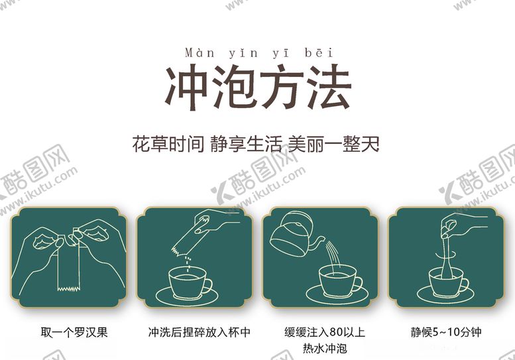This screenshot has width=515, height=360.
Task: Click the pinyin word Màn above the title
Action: (x=200, y=53)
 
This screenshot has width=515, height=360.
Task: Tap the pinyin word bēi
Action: (x=319, y=52)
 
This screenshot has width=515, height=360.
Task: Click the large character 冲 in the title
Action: (x=186, y=87)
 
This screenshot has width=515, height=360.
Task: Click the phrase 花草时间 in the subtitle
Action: (x=168, y=144)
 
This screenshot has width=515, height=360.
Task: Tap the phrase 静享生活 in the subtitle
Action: (x=247, y=144)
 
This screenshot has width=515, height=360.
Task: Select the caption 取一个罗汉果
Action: (x=74, y=332)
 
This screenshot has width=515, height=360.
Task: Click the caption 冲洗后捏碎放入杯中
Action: (x=199, y=332)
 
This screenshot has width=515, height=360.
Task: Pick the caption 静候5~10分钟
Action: (x=446, y=332)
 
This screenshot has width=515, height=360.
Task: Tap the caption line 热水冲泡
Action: (x=325, y=348)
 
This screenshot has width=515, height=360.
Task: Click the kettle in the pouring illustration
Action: (x=294, y=234)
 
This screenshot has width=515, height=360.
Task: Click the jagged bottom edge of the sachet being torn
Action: (x=69, y=289)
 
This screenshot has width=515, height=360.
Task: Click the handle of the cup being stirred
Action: (x=463, y=284)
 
